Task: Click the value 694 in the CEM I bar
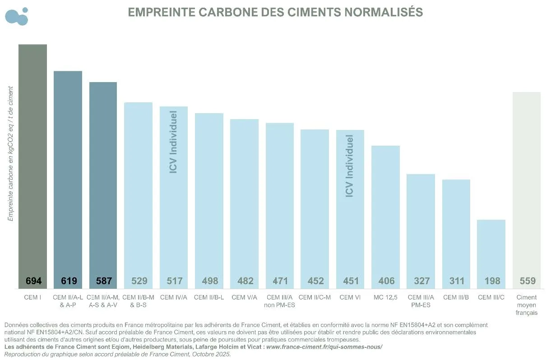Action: coord(33,281)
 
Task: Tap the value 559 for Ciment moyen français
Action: coord(527,281)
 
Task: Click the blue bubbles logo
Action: coord(17,16)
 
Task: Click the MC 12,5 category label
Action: coord(385,297)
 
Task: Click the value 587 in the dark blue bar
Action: coord(103,281)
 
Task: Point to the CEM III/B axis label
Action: coord(456,297)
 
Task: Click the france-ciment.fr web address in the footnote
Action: coord(324,346)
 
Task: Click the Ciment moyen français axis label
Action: coord(527,305)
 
